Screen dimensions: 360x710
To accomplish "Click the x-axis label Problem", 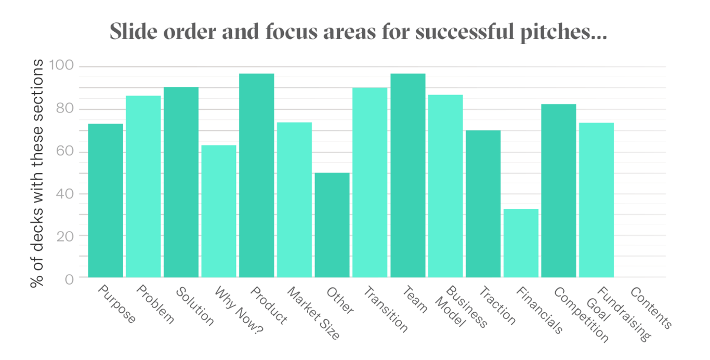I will coord(155,305).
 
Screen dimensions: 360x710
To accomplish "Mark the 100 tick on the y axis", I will coord(61,66).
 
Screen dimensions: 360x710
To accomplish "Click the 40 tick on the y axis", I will coord(64,194).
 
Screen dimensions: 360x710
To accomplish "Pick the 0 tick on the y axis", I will coord(70,278).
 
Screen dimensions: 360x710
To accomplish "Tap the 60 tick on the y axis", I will coord(64,152).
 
